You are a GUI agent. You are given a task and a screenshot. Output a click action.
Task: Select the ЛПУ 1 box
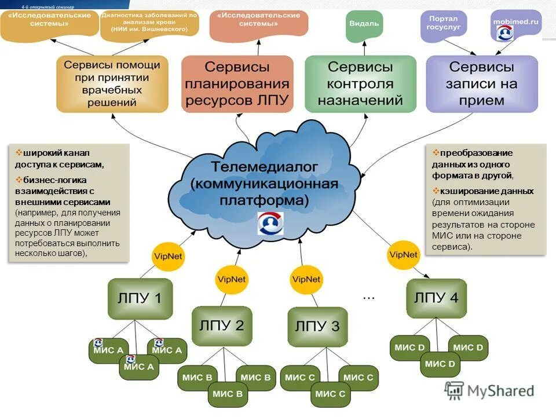[x=140, y=299]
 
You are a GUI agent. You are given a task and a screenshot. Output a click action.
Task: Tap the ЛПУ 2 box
[x=222, y=325]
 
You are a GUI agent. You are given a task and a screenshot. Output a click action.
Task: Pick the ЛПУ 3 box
[x=317, y=327]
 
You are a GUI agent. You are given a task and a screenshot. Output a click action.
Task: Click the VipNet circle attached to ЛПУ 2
[x=232, y=279]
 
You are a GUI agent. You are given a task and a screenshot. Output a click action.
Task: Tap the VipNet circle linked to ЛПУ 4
[x=404, y=255]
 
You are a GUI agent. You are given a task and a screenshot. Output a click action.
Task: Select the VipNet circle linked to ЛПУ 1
[x=167, y=255]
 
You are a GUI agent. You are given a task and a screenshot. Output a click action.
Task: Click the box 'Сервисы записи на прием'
[x=482, y=83]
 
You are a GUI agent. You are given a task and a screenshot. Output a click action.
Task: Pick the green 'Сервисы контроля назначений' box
[x=360, y=83]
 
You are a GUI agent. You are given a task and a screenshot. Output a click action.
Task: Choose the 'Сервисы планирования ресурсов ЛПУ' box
[x=237, y=83]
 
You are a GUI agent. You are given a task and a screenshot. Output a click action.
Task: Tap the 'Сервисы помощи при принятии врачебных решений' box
[x=112, y=83]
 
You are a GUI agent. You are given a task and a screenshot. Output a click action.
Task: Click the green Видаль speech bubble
[x=364, y=24]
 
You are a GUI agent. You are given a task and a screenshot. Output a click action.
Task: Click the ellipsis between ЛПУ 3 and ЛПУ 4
[x=368, y=297]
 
